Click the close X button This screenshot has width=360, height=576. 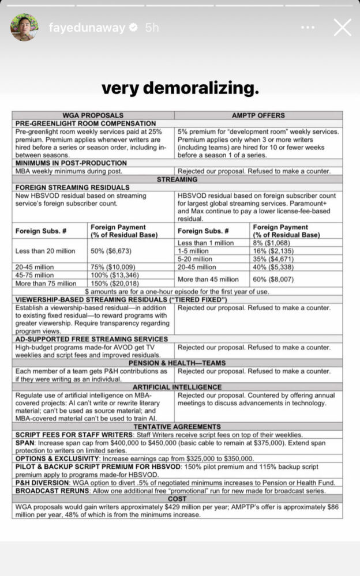(342, 27)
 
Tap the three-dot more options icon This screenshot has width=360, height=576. (308, 27)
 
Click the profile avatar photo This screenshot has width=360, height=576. (25, 27)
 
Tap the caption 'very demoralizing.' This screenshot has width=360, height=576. (180, 88)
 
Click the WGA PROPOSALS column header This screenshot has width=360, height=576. (93, 115)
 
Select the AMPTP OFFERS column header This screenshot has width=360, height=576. (258, 115)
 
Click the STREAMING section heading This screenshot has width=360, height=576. (177, 179)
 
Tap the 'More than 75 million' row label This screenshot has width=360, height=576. (46, 283)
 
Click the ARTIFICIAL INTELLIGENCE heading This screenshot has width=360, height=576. (177, 387)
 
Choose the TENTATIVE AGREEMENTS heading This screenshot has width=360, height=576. (177, 427)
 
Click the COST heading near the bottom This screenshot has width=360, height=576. (177, 499)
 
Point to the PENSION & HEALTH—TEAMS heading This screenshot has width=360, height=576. (177, 363)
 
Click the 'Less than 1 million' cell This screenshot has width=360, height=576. (205, 243)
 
